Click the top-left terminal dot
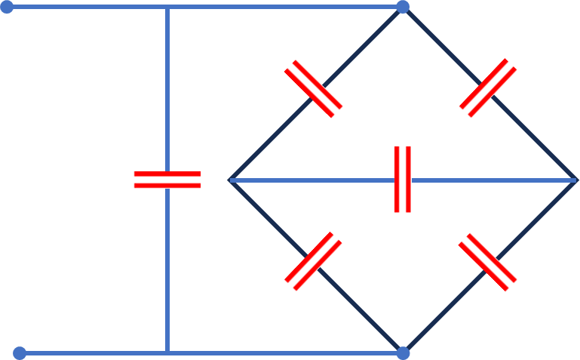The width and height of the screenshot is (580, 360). coord(7,7)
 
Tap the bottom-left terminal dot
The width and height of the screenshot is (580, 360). coord(20,352)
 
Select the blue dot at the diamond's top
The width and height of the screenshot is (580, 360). coord(403,7)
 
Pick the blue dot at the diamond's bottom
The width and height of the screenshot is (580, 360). coord(403,352)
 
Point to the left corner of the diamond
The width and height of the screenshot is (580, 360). coord(229,180)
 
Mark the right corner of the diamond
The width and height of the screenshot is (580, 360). coord(575,180)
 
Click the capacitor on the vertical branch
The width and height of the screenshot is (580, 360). coord(167,180)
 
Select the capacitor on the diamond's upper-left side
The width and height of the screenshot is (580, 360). coord(313,88)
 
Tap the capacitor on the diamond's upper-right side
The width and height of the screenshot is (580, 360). coord(488,88)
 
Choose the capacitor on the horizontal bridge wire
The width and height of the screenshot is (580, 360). coord(403,180)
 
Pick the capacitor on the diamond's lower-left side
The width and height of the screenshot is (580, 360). coord(313,261)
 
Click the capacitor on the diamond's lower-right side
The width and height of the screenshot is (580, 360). coord(488,261)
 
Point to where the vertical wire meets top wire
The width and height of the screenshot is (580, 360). coord(167,7)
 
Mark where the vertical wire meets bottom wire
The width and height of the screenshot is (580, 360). coord(167,352)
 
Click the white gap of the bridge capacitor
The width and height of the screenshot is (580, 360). coord(403,180)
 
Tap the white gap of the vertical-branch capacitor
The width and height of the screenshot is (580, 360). coord(167,180)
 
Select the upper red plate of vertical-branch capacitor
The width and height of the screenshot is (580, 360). coord(167,174)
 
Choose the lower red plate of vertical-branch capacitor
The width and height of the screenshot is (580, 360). coord(167,185)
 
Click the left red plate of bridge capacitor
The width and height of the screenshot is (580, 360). coord(397,180)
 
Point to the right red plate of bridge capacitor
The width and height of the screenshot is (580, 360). coord(409,180)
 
